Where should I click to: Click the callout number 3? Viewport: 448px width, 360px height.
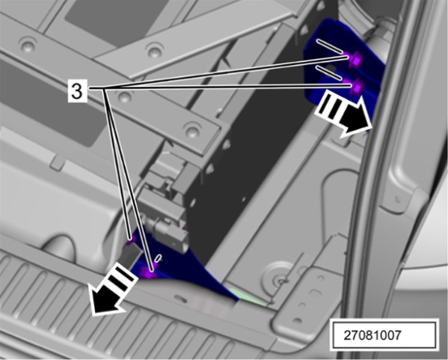pyautogui.click(x=76, y=91)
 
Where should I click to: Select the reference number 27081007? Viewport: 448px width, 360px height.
pyautogui.click(x=372, y=335)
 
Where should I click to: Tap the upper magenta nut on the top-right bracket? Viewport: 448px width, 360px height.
pyautogui.click(x=356, y=58)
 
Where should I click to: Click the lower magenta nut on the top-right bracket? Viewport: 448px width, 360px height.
pyautogui.click(x=356, y=87)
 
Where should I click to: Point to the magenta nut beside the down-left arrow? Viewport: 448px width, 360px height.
pyautogui.click(x=149, y=273)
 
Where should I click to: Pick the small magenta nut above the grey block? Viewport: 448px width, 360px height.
pyautogui.click(x=130, y=240)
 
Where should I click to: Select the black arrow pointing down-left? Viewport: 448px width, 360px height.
pyautogui.click(x=113, y=289)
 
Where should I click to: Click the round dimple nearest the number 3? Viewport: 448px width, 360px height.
pyautogui.click(x=124, y=97)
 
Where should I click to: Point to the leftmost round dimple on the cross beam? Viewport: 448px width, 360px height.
pyautogui.click(x=28, y=44)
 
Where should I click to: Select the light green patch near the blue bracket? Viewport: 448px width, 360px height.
pyautogui.click(x=248, y=297)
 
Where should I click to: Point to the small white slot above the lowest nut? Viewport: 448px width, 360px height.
pyautogui.click(x=159, y=258)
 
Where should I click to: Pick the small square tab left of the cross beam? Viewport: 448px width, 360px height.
pyautogui.click(x=58, y=163)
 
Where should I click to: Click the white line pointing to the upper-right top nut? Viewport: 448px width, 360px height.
pyautogui.click(x=329, y=46)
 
